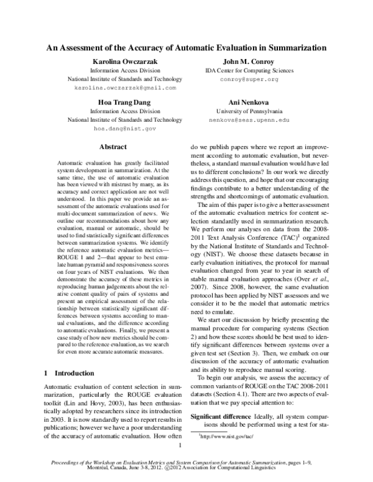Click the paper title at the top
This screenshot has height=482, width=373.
[x=187, y=47]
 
